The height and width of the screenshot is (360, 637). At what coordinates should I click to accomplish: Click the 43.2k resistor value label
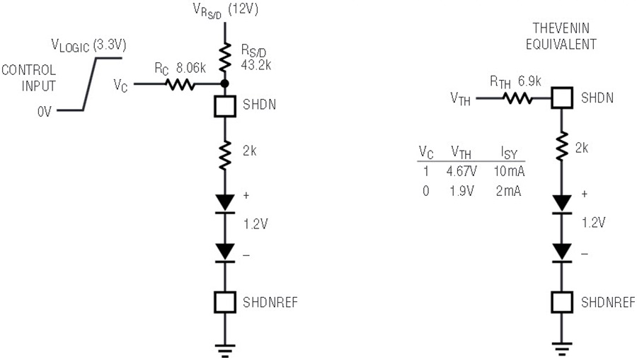pos(256,64)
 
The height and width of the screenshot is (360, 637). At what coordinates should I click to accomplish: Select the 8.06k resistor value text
pos(190,68)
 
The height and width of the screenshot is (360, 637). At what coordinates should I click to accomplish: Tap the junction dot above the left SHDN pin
pos(224,84)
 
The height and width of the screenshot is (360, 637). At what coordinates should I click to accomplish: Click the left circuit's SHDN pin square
pos(225,106)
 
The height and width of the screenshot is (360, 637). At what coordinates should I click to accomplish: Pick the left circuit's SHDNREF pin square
pos(225,303)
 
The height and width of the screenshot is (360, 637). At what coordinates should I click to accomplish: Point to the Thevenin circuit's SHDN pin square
pos(562,98)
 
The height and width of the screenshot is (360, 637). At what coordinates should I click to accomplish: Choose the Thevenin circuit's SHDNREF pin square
pos(562,303)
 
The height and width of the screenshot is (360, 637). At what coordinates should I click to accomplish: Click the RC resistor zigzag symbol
pos(180,84)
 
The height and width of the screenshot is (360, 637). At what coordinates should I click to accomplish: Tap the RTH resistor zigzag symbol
pos(517,98)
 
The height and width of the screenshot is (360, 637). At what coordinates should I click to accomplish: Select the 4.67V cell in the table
pos(461,171)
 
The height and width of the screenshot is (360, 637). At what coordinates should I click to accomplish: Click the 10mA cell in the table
pos(509,171)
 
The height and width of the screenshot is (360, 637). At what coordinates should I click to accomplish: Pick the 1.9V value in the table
pos(461,191)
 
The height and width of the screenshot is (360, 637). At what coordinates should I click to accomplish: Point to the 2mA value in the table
pos(508,191)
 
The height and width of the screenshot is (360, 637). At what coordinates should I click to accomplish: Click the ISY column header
pos(509,153)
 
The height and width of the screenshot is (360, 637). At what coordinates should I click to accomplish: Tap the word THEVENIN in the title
pos(561,28)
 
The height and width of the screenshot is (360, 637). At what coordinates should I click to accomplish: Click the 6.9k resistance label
pos(529,81)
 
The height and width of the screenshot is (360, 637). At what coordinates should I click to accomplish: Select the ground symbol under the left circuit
pos(225,351)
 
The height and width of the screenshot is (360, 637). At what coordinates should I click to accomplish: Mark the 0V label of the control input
pos(45,112)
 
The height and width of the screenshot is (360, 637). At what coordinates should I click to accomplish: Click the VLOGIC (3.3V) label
pos(88,45)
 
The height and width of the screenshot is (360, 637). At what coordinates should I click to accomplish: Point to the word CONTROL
pos(29,70)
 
